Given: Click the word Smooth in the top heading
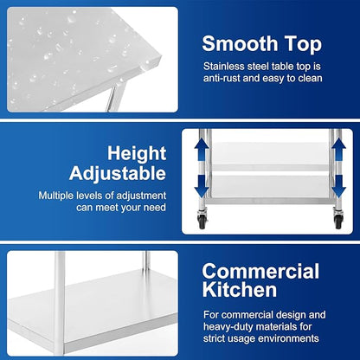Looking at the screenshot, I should (238, 42).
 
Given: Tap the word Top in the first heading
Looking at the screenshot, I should (302, 42).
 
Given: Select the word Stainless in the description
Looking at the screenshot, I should (227, 64).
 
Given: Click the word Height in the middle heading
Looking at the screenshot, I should (136, 153).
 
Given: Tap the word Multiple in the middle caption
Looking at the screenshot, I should (60, 196).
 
